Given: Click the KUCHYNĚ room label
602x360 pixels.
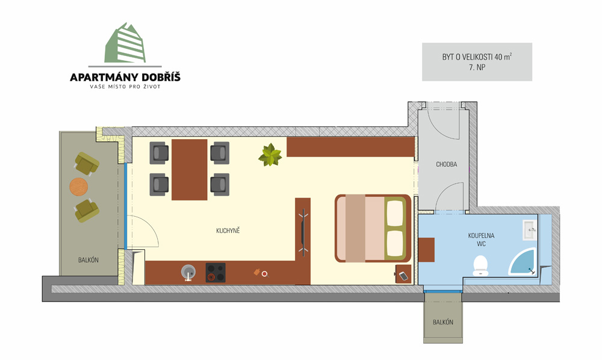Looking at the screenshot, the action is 228,231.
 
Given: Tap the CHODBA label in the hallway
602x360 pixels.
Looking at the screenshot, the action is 447,164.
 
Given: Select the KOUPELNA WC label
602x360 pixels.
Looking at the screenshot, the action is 481,240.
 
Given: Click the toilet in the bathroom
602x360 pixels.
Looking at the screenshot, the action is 480,265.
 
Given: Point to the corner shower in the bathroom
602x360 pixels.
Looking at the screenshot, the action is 523,262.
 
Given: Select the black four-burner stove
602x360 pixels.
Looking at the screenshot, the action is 216,273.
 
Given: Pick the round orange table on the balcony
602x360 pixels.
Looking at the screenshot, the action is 79,187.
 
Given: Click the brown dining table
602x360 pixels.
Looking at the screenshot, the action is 189,170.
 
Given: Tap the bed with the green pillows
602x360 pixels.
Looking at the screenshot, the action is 373,228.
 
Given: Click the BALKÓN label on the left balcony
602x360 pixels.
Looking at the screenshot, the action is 88,260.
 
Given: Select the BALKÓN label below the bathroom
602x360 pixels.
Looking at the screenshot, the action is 443,322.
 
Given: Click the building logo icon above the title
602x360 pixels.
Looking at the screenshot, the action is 125,43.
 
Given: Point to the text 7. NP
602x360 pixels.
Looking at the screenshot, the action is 477,67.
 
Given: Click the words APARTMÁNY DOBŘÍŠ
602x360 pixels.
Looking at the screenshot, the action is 125,77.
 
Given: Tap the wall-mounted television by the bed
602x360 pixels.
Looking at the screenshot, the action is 303,232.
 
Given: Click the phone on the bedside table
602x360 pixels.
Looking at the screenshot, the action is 403,276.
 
